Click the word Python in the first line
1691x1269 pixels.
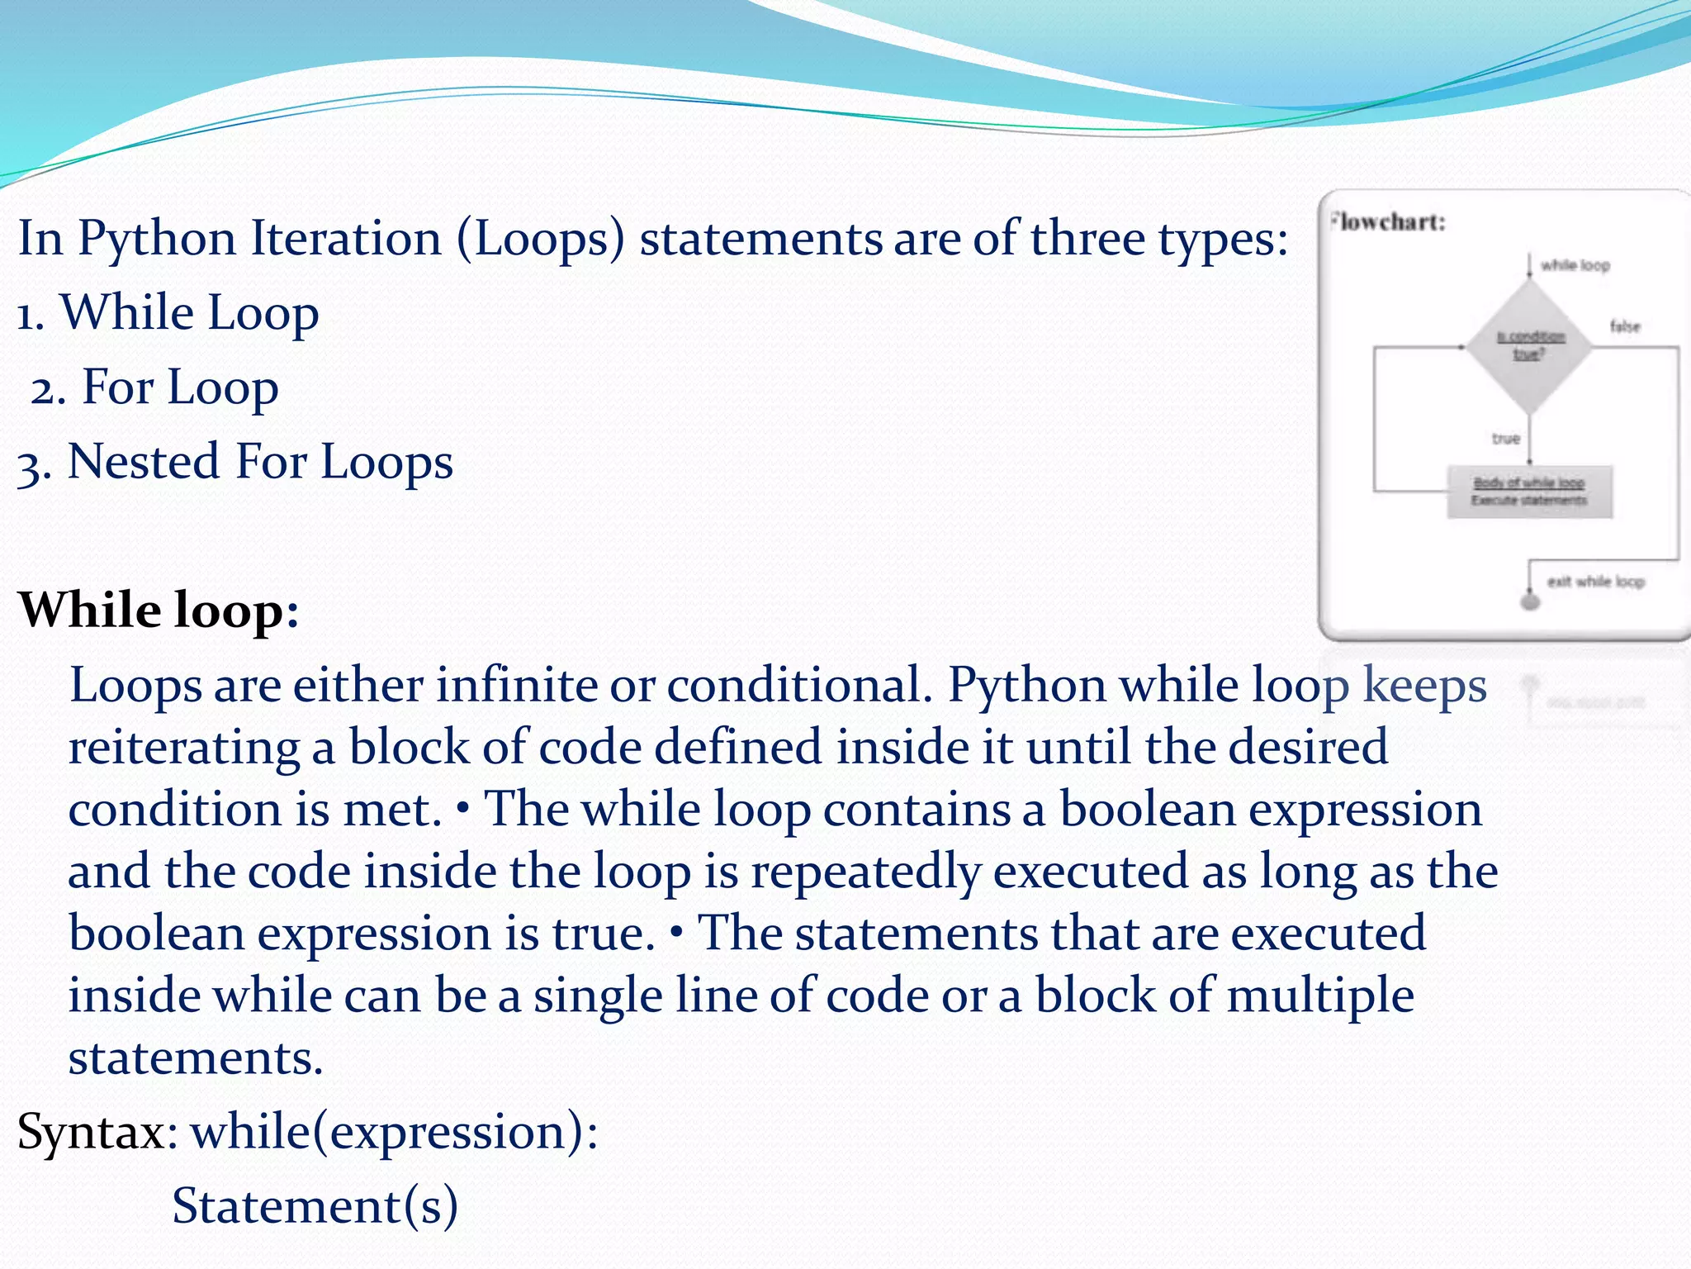tap(157, 240)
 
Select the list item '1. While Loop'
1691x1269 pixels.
tap(168, 314)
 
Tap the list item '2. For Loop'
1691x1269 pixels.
tap(155, 387)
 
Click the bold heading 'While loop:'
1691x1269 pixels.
tap(158, 611)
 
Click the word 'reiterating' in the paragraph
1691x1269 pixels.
tap(183, 748)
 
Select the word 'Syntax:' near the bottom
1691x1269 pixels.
tap(97, 1131)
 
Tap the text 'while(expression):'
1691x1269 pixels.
tap(395, 1132)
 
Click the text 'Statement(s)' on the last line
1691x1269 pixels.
tap(315, 1206)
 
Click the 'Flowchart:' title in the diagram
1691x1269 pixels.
tap(1389, 222)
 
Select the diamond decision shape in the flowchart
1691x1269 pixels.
tap(1529, 347)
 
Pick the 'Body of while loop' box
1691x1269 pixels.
tap(1529, 492)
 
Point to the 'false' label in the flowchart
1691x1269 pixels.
tap(1625, 326)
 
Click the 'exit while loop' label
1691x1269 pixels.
tap(1595, 582)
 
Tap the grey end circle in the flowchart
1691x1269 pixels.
tap(1530, 601)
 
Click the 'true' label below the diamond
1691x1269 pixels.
tap(1505, 439)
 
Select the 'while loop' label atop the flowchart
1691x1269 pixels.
tap(1575, 265)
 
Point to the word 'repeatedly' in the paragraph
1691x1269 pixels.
tap(864, 872)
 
